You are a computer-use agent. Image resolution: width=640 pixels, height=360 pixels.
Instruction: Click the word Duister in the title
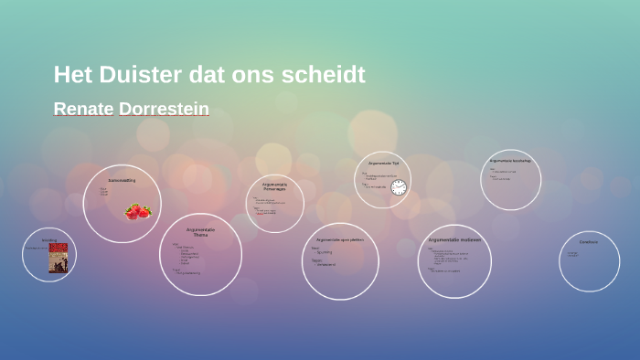tap(140, 74)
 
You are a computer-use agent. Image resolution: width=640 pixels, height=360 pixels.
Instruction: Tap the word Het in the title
tap(72, 74)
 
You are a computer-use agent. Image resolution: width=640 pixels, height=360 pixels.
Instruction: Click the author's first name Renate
tap(83, 109)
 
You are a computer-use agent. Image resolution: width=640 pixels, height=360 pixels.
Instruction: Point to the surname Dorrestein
tap(164, 109)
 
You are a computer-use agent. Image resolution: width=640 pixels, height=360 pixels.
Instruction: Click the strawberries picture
tap(138, 211)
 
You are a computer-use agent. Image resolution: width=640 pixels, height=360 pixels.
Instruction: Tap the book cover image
tap(58, 259)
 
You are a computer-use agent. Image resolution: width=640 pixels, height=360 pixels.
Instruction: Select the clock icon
tap(399, 187)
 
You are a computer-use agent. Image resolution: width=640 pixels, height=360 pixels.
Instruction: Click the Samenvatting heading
tap(122, 180)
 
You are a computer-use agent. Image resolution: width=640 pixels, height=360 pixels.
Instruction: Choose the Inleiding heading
tap(49, 240)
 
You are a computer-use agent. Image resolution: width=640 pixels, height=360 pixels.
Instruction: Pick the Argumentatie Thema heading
tap(200, 232)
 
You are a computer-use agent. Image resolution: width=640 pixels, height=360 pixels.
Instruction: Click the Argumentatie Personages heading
tap(275, 186)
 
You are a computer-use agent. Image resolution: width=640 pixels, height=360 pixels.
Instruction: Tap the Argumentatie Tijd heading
tap(383, 164)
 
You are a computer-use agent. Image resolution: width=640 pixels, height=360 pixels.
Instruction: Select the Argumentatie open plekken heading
tap(340, 239)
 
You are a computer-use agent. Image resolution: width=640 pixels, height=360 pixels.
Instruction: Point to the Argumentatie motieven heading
tap(454, 239)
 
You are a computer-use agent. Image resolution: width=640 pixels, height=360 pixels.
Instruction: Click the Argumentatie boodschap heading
tap(510, 161)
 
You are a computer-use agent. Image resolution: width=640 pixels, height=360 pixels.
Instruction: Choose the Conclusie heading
tap(589, 242)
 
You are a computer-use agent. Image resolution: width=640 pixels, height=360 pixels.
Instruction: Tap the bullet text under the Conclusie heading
tap(573, 254)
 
